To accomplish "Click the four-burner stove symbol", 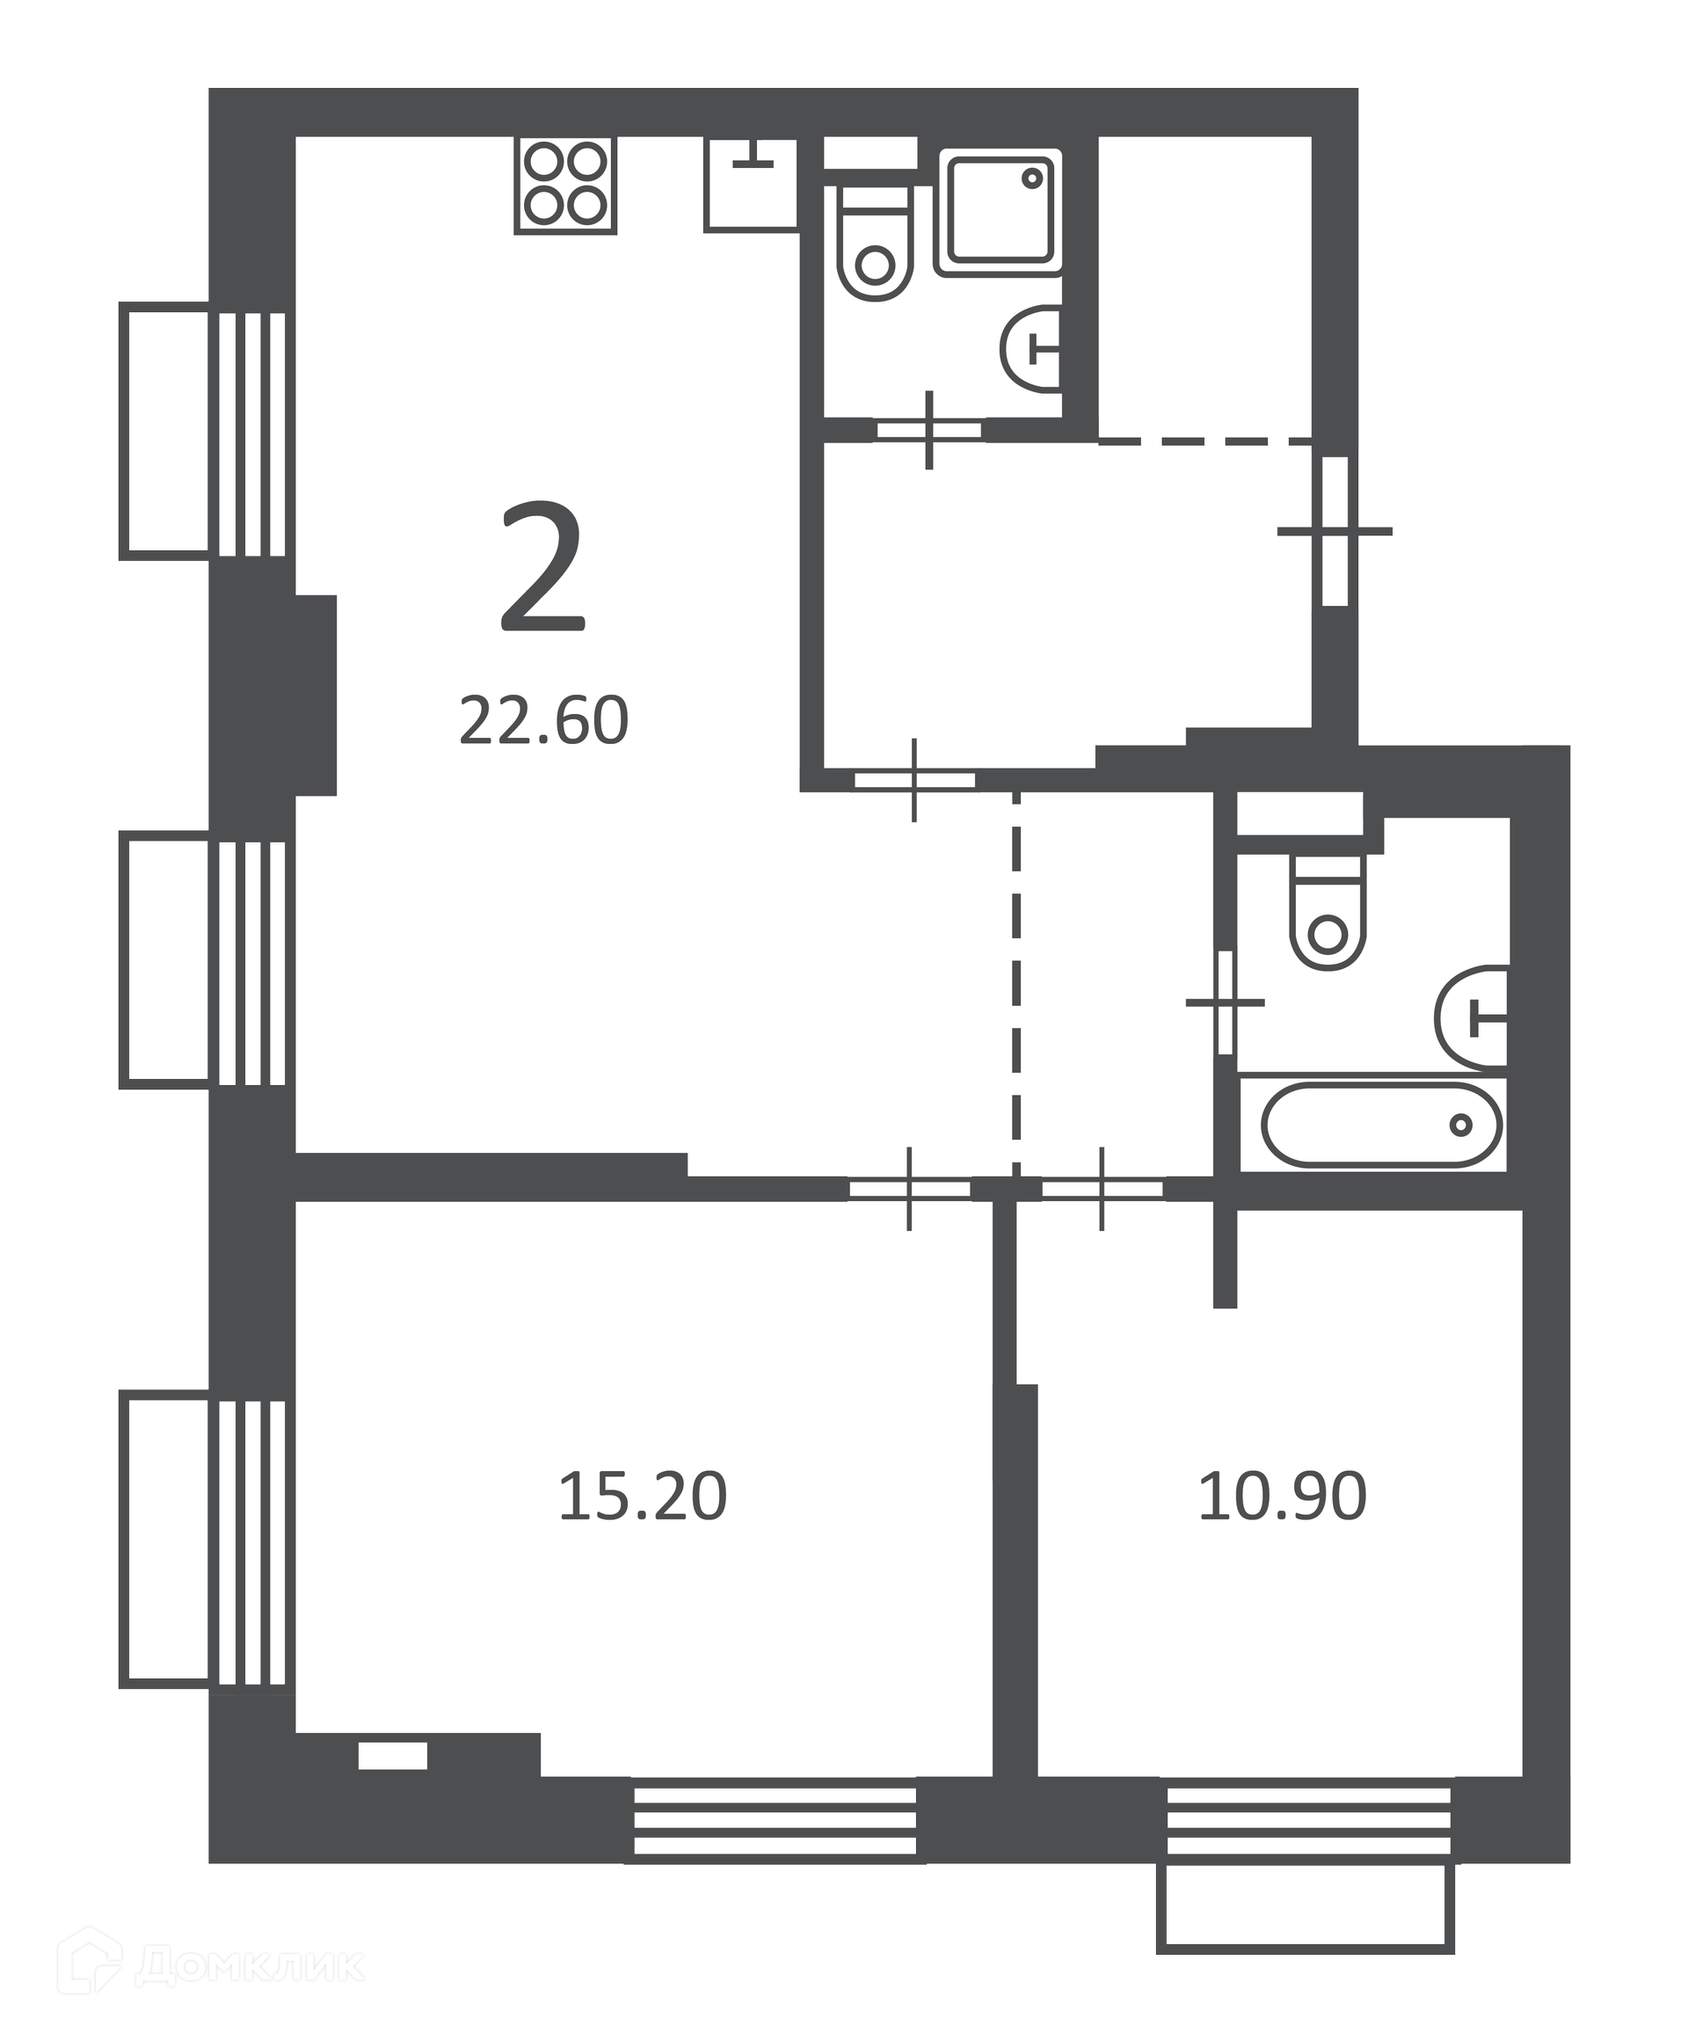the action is tap(565, 186).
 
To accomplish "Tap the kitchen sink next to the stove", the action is tap(751, 184).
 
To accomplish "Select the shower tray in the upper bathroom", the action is tap(999, 212).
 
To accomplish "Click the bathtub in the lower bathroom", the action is tap(1382, 1125).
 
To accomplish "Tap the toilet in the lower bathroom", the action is tap(1327, 911).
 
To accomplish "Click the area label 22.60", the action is tap(544, 721).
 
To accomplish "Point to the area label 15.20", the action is tap(642, 1496).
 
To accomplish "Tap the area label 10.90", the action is tap(1282, 1496).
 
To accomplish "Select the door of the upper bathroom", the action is tap(929, 429).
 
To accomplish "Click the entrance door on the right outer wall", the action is tap(1335, 531).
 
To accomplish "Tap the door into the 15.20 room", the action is tap(909, 1189).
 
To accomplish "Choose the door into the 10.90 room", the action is tap(1102, 1189).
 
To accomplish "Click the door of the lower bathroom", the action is tap(1226, 1002).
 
